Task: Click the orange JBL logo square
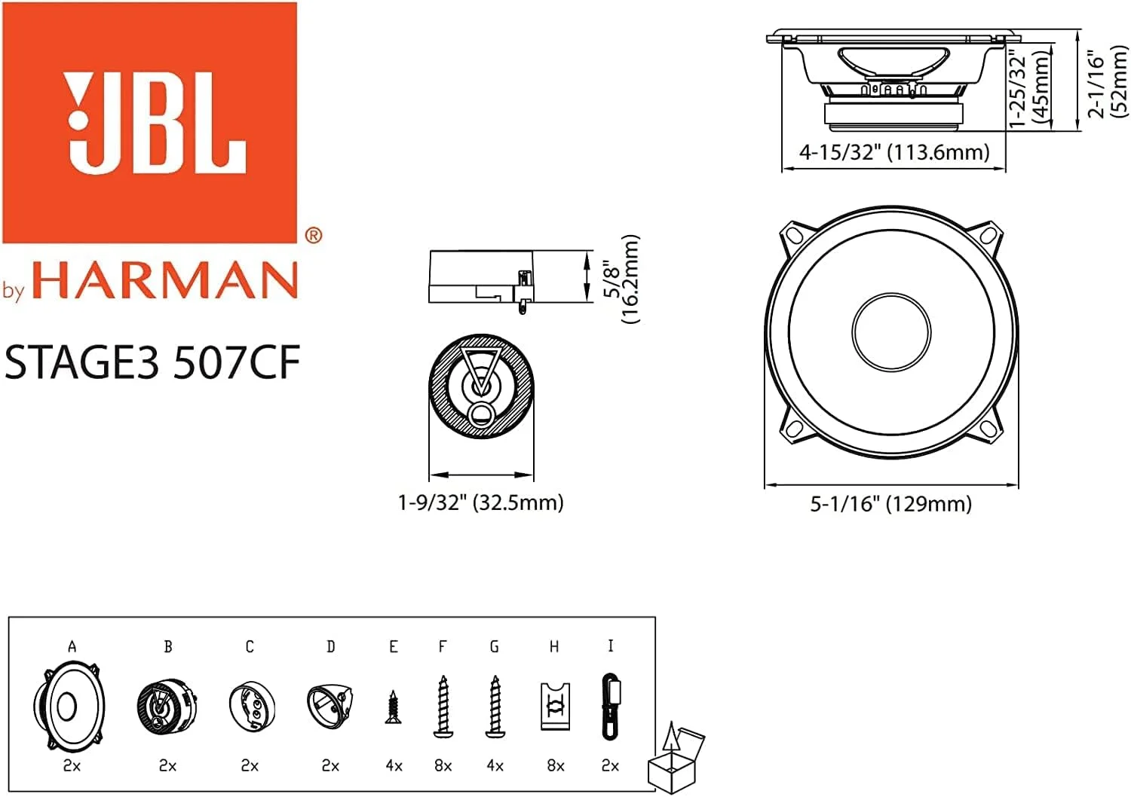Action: (x=149, y=122)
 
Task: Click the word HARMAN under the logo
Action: (x=164, y=281)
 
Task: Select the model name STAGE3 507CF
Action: (x=152, y=362)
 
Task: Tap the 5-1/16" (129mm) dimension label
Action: (x=890, y=504)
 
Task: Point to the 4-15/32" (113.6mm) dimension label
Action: (x=893, y=152)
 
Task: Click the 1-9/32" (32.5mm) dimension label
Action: (x=480, y=502)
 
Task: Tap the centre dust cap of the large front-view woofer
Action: (x=890, y=332)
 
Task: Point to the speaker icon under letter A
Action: (x=69, y=706)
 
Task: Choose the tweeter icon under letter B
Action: (x=167, y=706)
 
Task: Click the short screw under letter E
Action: (x=393, y=708)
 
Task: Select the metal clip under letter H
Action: (x=555, y=707)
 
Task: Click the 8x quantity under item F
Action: (x=443, y=766)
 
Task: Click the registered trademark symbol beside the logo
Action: (x=313, y=236)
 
